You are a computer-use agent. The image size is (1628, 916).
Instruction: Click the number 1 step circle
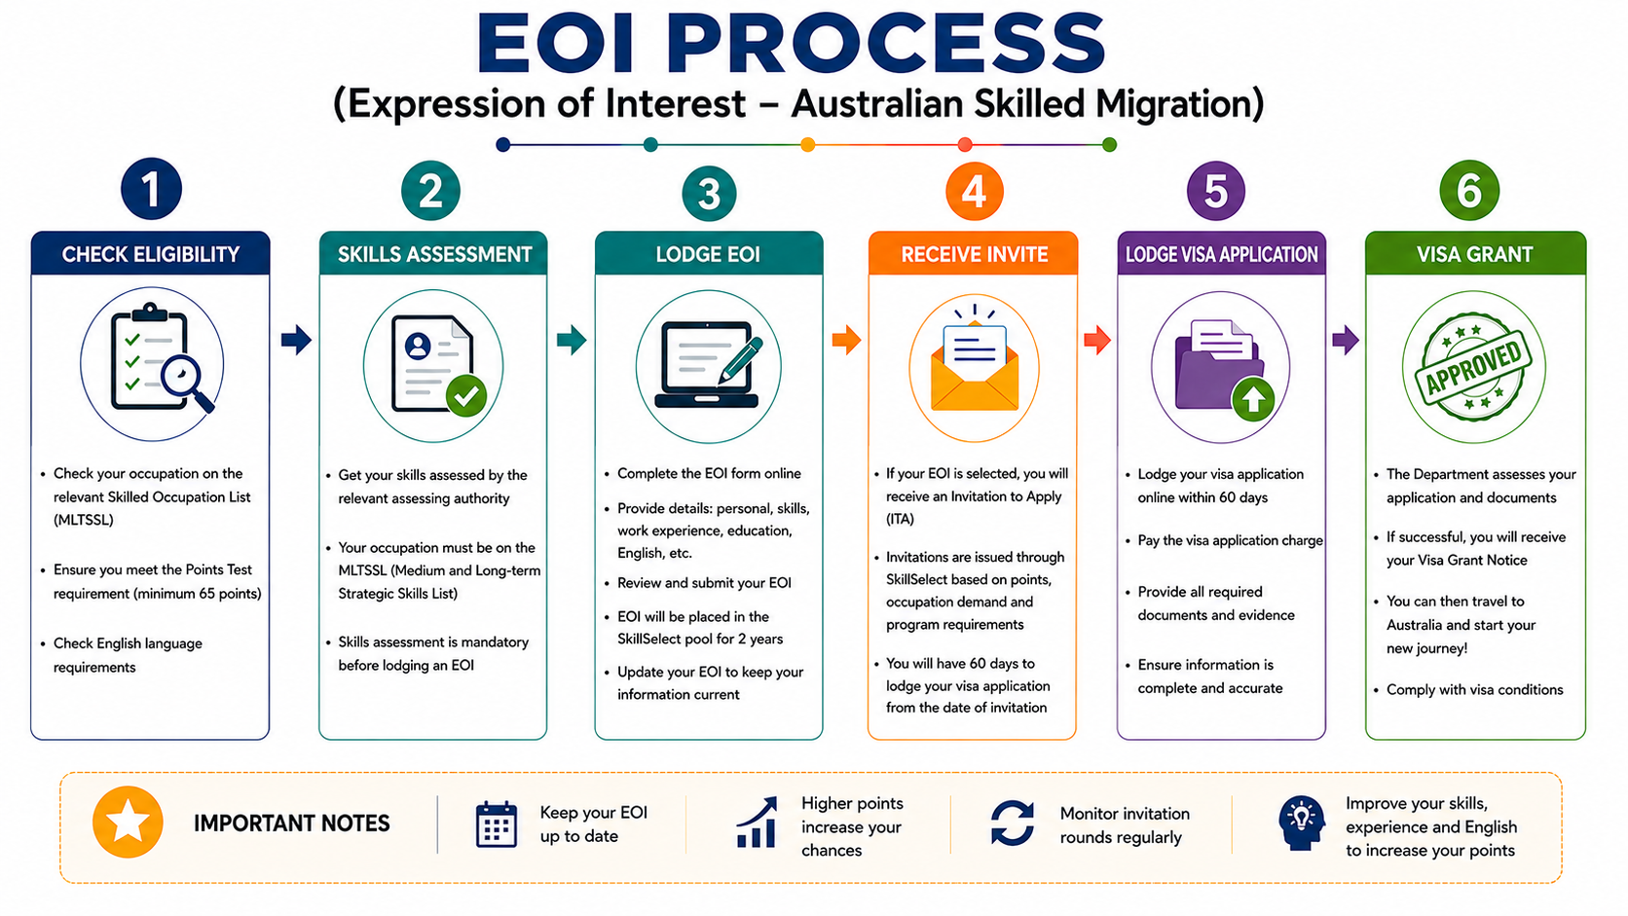tap(151, 190)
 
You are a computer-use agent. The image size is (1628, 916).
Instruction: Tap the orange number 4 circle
tap(974, 192)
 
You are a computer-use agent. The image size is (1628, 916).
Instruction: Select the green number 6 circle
tap(1469, 191)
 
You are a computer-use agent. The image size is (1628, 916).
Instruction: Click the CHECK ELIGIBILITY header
tap(151, 253)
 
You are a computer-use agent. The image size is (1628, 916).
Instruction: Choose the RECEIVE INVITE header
tap(973, 253)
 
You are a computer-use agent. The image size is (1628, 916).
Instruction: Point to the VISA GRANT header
tap(1475, 253)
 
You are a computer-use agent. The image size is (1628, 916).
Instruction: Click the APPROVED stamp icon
tap(1473, 367)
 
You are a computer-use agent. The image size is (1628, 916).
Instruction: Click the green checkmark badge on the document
tap(465, 396)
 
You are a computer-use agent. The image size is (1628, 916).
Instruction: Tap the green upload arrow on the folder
tap(1253, 399)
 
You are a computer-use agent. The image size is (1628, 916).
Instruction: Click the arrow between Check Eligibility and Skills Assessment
tap(296, 339)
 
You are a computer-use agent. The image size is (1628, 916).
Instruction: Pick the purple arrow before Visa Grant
tap(1346, 339)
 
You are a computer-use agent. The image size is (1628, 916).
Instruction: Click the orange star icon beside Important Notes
tap(128, 822)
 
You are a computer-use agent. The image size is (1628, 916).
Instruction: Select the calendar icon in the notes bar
tap(497, 824)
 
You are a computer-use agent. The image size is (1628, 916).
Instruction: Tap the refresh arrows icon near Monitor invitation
tap(1013, 823)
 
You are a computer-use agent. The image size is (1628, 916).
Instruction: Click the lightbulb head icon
tap(1302, 823)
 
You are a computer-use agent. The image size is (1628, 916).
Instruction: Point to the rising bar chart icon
tap(757, 823)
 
